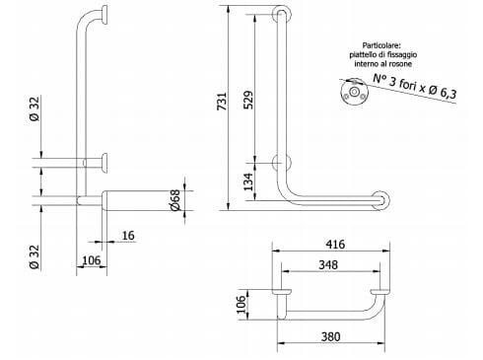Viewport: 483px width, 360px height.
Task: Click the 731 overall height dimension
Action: pos(222,101)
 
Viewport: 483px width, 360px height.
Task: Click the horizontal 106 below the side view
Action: pos(91,259)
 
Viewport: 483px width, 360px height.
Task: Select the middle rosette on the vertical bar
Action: pos(283,162)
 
